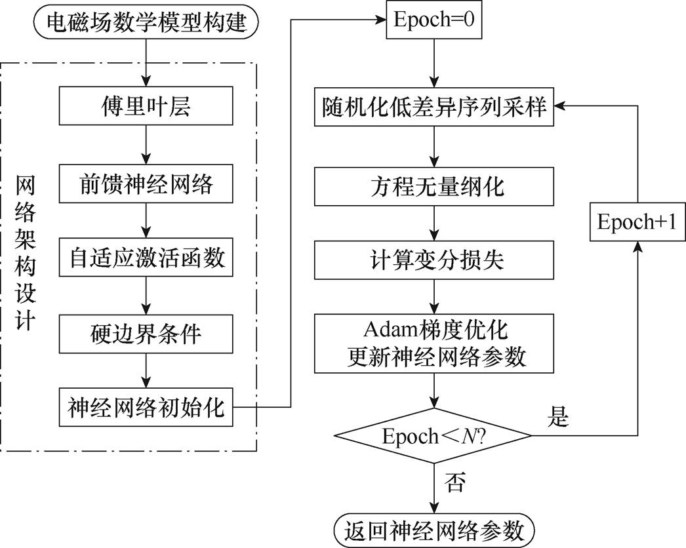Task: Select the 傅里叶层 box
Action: (x=146, y=107)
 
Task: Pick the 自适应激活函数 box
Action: (x=146, y=258)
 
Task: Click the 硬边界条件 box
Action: (x=146, y=334)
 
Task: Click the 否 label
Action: (x=454, y=483)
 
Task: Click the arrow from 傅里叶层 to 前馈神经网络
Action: (x=146, y=145)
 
